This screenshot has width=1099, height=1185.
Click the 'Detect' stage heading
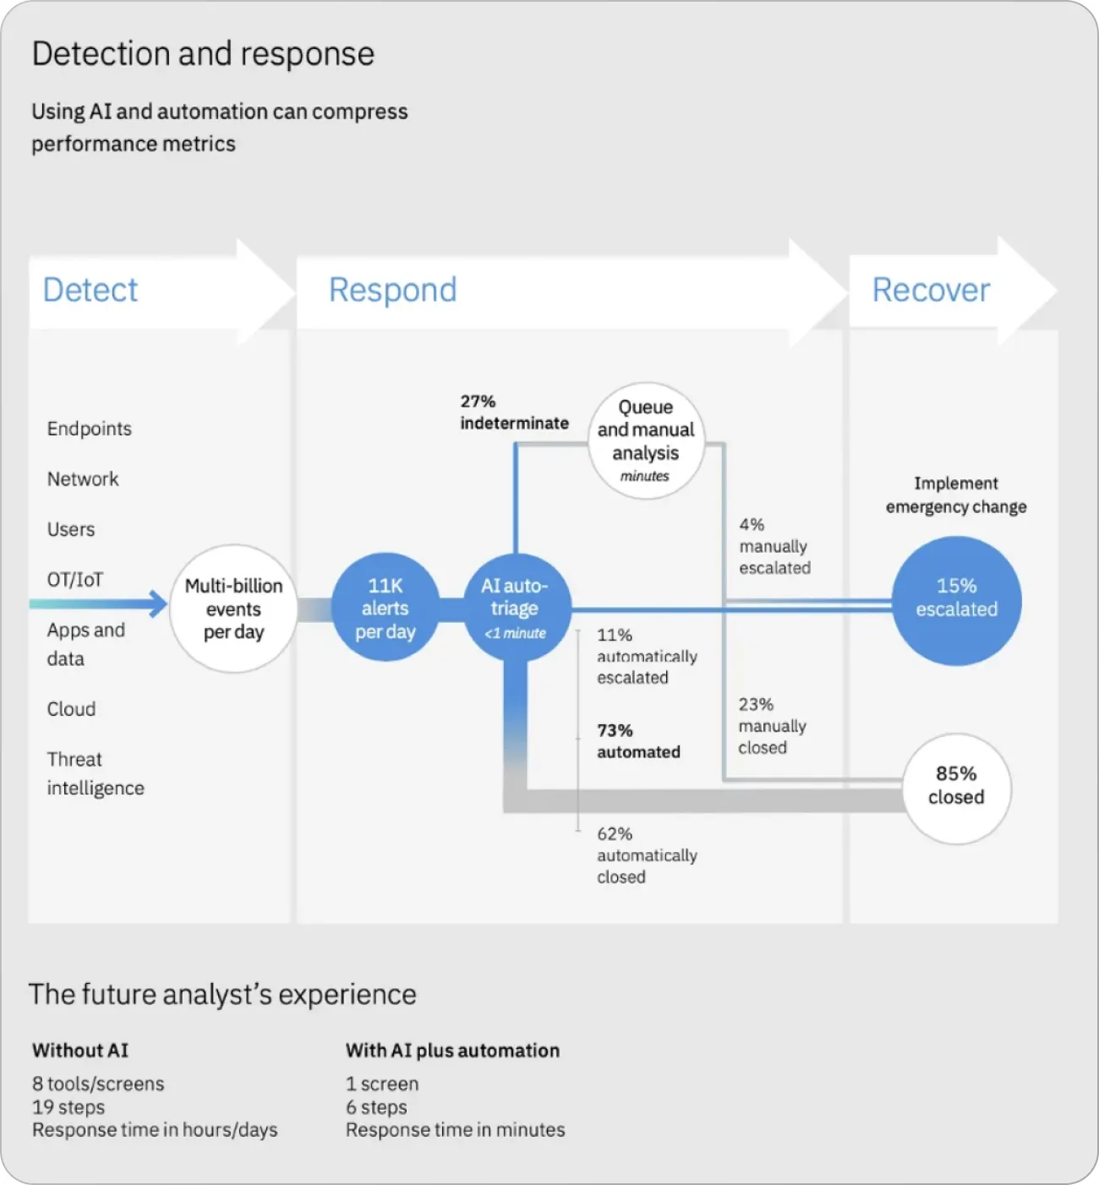(x=90, y=290)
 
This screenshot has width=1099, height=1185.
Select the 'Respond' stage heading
(x=392, y=290)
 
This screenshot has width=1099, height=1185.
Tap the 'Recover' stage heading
(x=931, y=290)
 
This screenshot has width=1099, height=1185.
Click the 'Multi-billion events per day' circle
(x=233, y=609)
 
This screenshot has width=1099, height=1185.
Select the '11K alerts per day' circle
(x=385, y=608)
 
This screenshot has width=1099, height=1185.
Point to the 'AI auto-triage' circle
(x=516, y=608)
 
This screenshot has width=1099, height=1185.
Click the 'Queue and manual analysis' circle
(x=646, y=440)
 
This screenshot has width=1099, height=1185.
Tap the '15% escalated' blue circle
(x=956, y=599)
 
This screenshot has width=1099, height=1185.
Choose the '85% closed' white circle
(x=956, y=786)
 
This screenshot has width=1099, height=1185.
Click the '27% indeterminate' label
(x=513, y=412)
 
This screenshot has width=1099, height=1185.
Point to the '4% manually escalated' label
(x=774, y=546)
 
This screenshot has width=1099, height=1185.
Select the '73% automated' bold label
(x=637, y=741)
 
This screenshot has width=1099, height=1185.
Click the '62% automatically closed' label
(x=646, y=855)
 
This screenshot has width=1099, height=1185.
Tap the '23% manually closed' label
(x=771, y=726)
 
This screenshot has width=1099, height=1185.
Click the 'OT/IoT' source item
(x=75, y=580)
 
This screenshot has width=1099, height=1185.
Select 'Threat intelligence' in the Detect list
(x=95, y=773)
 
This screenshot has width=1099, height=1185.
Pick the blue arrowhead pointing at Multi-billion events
(x=157, y=603)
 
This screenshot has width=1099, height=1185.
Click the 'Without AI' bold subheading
(x=80, y=1051)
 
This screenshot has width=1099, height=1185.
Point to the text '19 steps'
(x=68, y=1107)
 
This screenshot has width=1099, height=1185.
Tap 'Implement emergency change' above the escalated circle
(x=956, y=495)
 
